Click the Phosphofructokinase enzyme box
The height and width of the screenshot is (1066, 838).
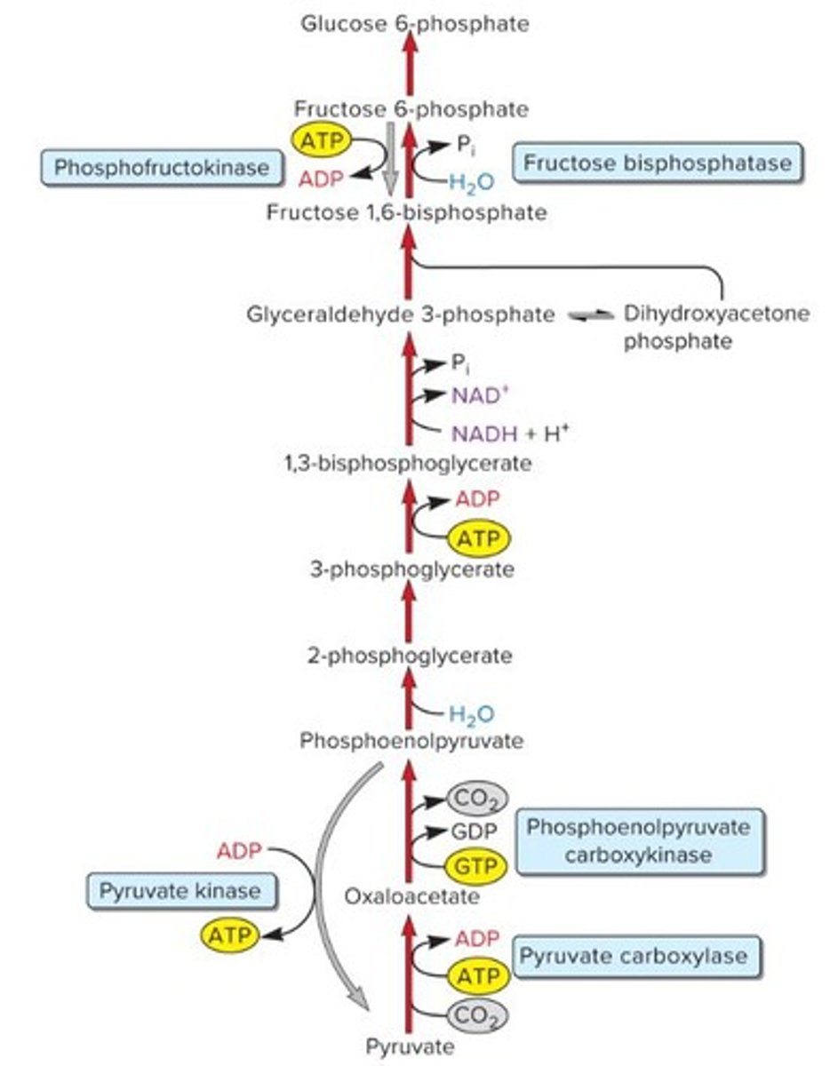pos(161,168)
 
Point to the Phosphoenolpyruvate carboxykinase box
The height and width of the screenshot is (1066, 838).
pos(638,840)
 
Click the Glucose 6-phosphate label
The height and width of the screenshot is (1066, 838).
pos(414,24)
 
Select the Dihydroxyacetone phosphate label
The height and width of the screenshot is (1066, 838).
pos(716,327)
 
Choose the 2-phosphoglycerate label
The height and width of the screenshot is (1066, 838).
pos(410,656)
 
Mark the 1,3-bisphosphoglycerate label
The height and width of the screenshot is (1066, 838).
pos(404,463)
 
